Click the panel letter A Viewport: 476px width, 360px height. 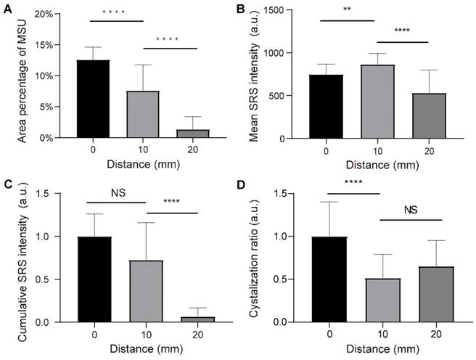pos(9,9)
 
